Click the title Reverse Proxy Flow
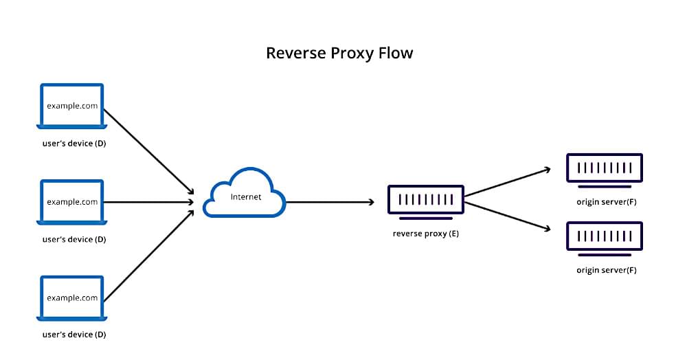coord(339,53)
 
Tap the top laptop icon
coord(72,106)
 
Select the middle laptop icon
coord(72,202)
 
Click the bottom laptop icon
coord(72,297)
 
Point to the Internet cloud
coord(245,196)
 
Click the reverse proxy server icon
coord(425,200)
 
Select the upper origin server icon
coord(604,168)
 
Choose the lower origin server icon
coord(604,236)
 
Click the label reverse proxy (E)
coord(425,234)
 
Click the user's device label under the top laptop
coord(74,144)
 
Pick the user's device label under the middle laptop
coord(74,239)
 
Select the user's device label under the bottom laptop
coord(74,335)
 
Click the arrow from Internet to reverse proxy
coord(330,202)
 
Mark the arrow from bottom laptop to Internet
coord(149,255)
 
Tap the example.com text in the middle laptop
coord(72,202)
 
